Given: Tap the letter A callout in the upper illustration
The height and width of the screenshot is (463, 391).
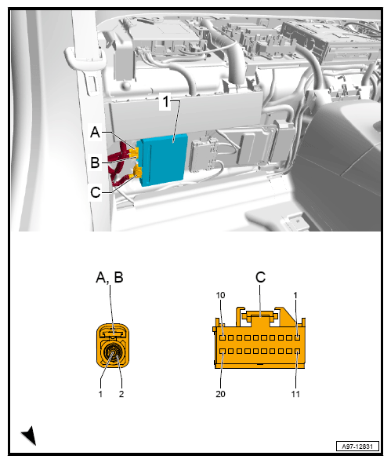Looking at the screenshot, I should [95, 133].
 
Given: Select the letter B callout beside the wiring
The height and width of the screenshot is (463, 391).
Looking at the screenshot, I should [95, 162].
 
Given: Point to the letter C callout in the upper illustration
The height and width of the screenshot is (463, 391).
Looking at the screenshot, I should [95, 191].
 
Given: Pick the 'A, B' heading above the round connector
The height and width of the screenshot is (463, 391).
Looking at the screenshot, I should [110, 277].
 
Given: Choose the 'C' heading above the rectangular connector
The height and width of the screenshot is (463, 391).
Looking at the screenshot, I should [260, 277].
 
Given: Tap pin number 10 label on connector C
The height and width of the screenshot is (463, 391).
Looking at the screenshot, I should [221, 295].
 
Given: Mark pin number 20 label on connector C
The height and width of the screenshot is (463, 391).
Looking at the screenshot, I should [221, 393].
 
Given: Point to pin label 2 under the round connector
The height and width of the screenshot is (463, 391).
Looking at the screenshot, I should [122, 393].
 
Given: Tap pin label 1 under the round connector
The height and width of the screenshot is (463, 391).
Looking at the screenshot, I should [101, 393].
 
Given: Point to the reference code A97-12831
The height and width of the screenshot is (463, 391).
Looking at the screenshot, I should [357, 445].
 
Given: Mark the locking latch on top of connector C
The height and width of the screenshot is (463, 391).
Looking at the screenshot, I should [259, 316].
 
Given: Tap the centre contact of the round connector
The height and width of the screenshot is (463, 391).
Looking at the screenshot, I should [113, 355].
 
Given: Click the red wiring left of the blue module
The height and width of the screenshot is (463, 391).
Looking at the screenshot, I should [121, 161].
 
